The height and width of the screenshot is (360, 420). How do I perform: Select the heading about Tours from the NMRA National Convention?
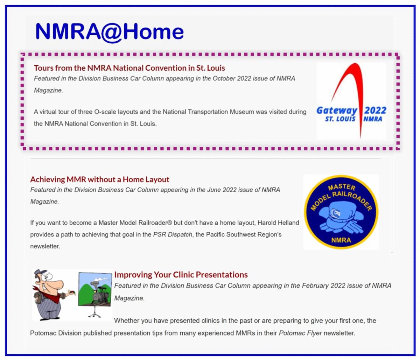pos(129,68)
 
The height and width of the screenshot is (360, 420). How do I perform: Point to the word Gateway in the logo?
pos(337,111)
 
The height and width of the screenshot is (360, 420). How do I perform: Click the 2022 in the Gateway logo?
pos(375,110)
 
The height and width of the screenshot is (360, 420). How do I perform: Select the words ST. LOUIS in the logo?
pos(340,119)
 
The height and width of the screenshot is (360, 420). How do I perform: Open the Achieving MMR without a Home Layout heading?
pos(99,179)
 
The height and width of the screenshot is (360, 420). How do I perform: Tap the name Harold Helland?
pos(278,223)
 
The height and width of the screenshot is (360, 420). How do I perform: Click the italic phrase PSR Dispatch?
pos(173,234)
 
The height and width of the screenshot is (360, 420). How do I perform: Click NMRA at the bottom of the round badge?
pos(341,240)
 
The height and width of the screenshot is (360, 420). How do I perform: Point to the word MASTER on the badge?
pos(342,187)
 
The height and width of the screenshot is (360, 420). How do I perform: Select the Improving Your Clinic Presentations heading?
pos(181,275)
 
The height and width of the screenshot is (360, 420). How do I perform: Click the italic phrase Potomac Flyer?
pos(300,333)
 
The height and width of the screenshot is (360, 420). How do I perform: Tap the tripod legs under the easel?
pos(94,312)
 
